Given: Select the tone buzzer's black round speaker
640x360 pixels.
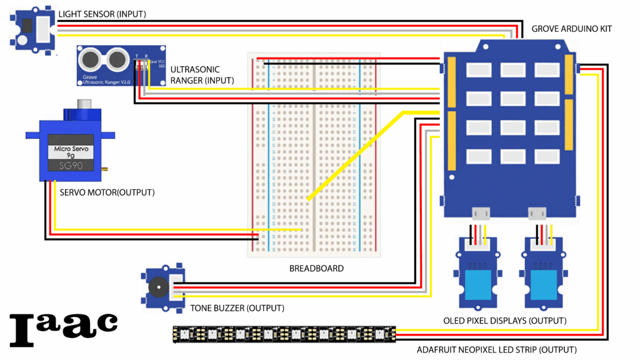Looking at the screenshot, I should pyautogui.click(x=157, y=288).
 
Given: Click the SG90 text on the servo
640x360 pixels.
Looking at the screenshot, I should pyautogui.click(x=71, y=166).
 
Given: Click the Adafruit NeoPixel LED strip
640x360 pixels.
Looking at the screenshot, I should pyautogui.click(x=284, y=334).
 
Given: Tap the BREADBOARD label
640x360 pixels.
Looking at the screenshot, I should pyautogui.click(x=316, y=269).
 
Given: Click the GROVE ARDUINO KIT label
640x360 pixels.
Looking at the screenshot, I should pyautogui.click(x=571, y=29).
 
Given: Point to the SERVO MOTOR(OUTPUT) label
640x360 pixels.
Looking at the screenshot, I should pyautogui.click(x=107, y=192).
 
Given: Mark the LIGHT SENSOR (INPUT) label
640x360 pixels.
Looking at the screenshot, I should pyautogui.click(x=102, y=14).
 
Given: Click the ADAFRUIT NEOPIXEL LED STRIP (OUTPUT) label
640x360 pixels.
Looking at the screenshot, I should pyautogui.click(x=496, y=350).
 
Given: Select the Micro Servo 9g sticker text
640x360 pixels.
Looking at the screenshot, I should pyautogui.click(x=71, y=152).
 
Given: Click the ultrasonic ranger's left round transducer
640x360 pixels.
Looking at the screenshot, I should pyautogui.click(x=91, y=59).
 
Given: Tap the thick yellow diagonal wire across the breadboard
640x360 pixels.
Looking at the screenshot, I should pyautogui.click(x=356, y=156).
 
